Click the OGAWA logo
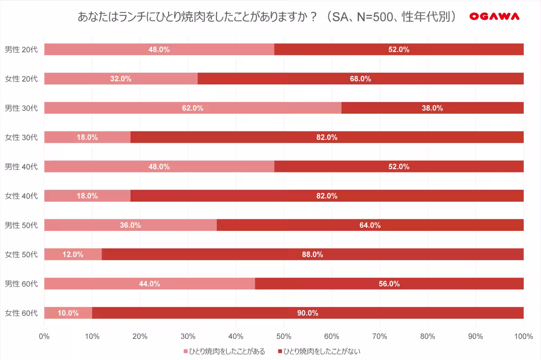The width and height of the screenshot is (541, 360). [495, 17]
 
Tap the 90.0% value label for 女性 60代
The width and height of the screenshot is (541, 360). [308, 313]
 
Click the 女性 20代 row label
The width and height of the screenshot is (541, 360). [21, 78]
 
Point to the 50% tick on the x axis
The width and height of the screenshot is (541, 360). [284, 336]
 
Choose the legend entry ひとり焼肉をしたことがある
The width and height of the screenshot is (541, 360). [224, 351]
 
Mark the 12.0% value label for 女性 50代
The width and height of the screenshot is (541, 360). [73, 254]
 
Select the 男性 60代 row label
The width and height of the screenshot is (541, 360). [21, 284]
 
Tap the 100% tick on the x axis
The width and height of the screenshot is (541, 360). [523, 336]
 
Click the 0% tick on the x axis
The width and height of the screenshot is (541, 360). [44, 336]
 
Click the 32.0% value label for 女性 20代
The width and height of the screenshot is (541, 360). [121, 78]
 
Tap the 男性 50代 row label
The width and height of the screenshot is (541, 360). [21, 225]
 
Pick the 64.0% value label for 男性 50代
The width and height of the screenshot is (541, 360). [370, 225]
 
